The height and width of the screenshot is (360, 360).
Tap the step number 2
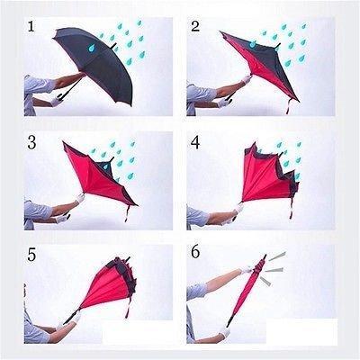point(195,27)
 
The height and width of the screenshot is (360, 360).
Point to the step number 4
point(195,143)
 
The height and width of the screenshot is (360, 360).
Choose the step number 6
point(195,255)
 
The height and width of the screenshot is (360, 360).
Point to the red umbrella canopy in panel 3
point(99,175)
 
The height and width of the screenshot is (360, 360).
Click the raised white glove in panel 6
point(245,269)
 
